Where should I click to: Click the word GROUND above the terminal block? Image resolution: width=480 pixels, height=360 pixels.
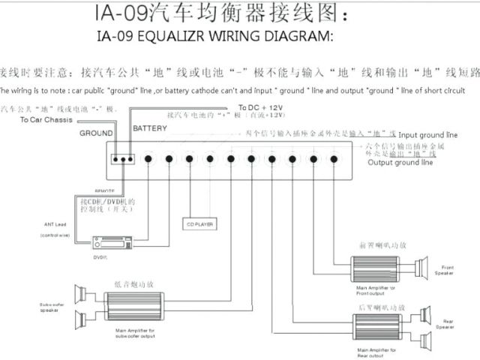point(96,133)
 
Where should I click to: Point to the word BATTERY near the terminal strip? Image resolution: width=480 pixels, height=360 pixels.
point(150,129)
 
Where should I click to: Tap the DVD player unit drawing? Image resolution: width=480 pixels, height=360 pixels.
point(112,243)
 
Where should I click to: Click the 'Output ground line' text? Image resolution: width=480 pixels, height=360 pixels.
point(400,162)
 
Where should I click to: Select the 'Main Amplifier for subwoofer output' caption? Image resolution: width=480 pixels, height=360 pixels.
point(135,332)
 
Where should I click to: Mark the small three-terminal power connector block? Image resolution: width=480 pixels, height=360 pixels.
point(121,159)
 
